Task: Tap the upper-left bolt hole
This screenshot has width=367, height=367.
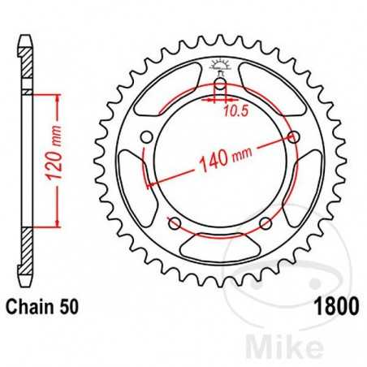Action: (145, 137)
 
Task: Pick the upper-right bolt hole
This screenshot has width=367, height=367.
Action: (294, 136)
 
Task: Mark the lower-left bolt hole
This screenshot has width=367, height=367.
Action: (174, 223)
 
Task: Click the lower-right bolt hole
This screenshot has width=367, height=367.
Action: (266, 223)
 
